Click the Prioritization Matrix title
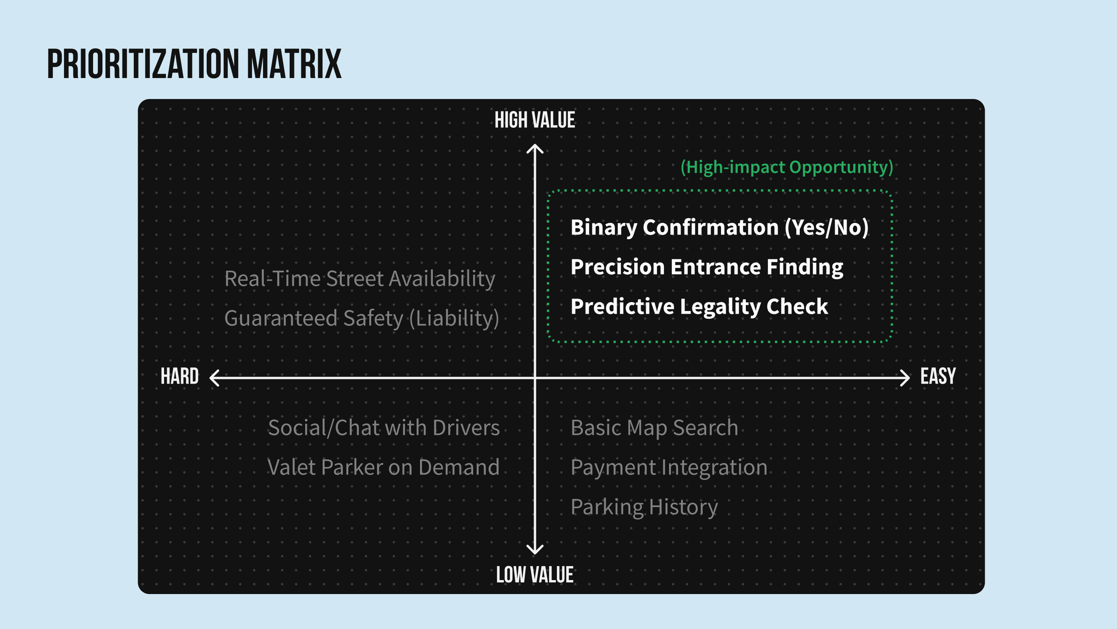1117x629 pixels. (x=194, y=64)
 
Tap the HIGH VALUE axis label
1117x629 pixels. (x=535, y=120)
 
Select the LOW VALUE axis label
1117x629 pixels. (x=535, y=575)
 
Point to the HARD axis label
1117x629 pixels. (x=180, y=376)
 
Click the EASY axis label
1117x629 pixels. (x=938, y=376)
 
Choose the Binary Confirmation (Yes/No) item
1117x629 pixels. (x=719, y=228)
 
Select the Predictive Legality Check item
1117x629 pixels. (x=699, y=307)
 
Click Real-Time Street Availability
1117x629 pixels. (x=360, y=279)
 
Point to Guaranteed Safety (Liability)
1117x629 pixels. (x=361, y=319)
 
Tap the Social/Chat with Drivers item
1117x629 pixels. (x=384, y=427)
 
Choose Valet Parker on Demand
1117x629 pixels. (x=384, y=467)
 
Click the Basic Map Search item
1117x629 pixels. (x=654, y=428)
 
